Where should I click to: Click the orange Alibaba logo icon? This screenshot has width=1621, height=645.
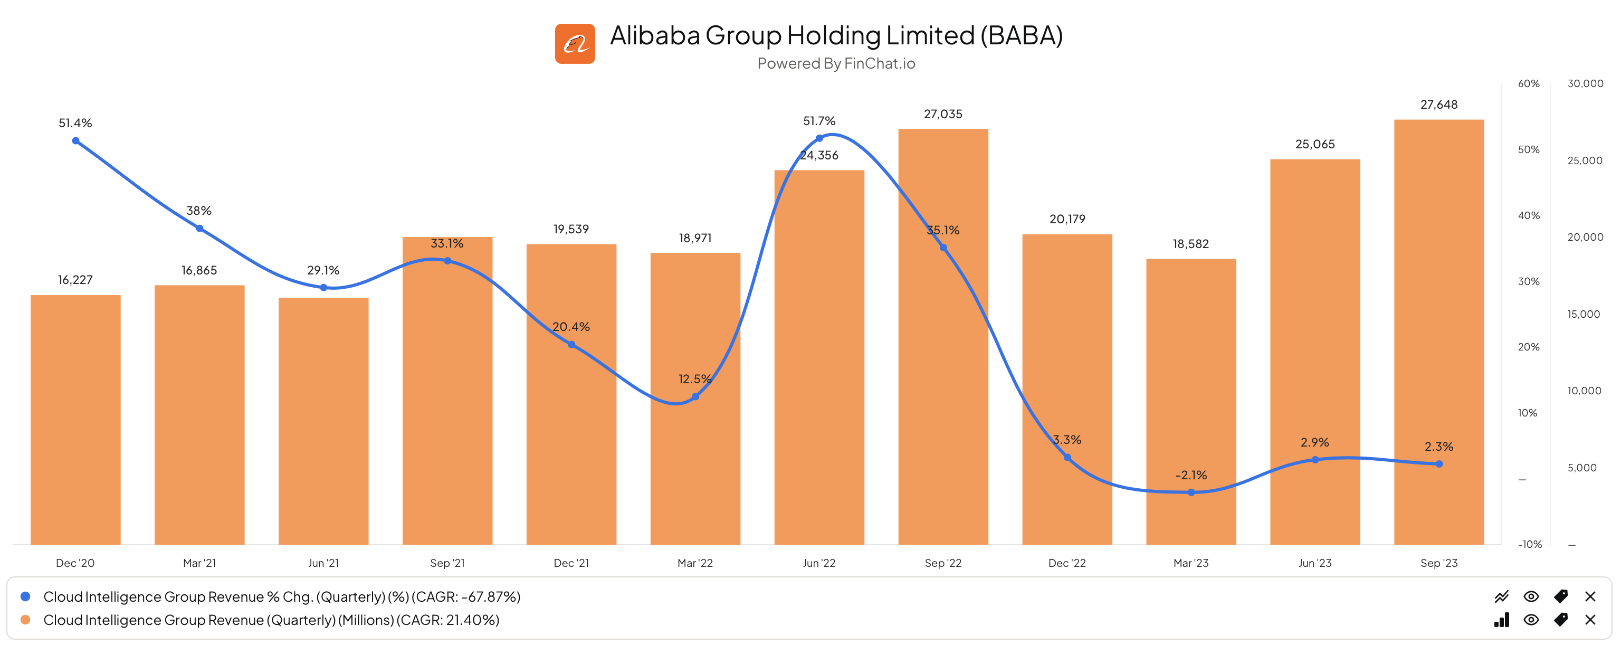click(575, 43)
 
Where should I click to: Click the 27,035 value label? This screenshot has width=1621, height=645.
click(942, 114)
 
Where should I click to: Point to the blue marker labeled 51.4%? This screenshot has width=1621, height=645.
click(75, 141)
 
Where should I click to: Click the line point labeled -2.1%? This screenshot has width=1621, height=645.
click(1190, 492)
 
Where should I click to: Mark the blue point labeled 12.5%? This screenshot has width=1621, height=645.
click(695, 396)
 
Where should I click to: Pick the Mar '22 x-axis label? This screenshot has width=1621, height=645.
click(695, 563)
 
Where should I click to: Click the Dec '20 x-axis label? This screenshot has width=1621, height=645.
click(75, 563)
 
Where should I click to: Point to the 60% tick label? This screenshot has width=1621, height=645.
click(1528, 84)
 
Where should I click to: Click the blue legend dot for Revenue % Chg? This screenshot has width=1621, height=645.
click(25, 596)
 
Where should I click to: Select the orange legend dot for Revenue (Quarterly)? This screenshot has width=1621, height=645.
click(25, 619)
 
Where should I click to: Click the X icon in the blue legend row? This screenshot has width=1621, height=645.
click(1590, 596)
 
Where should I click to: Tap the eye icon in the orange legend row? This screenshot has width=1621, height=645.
click(1531, 619)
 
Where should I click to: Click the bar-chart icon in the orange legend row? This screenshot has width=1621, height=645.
click(1501, 619)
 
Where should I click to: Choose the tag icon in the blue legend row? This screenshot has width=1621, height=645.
click(1561, 596)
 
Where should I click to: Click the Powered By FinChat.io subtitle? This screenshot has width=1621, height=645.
click(836, 63)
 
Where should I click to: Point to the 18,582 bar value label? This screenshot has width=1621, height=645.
click(1190, 243)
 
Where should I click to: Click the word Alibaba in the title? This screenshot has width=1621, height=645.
click(654, 35)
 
